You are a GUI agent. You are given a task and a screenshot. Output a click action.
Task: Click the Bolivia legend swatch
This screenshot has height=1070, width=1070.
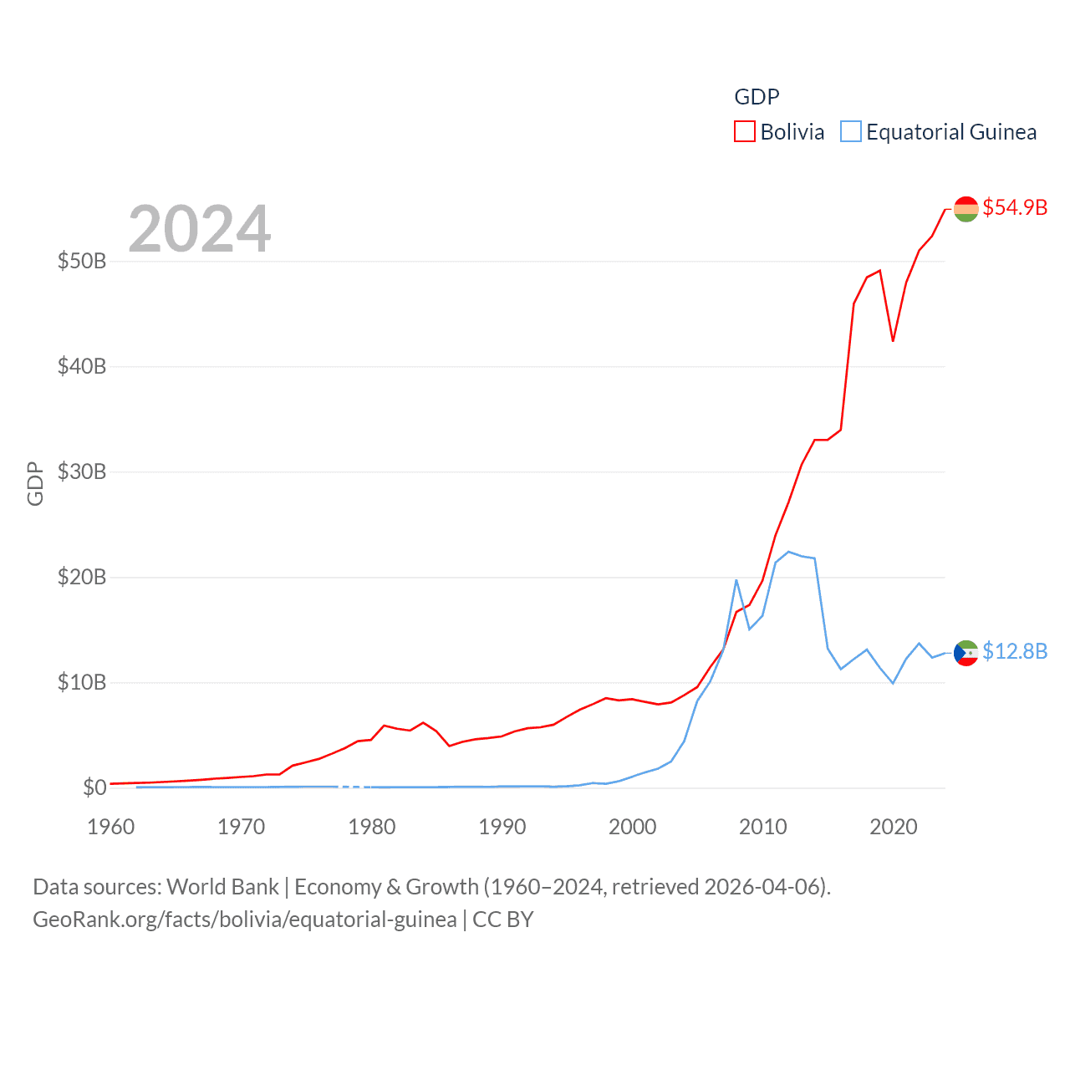[x=744, y=132]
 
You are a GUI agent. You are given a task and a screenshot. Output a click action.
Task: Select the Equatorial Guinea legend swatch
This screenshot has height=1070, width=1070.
[x=850, y=132]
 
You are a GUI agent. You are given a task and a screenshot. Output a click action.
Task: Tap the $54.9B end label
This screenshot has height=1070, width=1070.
[x=1015, y=207]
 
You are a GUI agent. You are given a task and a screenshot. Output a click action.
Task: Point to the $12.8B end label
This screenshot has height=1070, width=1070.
[x=1015, y=651]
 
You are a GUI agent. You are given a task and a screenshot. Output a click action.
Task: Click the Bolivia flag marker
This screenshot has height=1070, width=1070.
[x=966, y=209]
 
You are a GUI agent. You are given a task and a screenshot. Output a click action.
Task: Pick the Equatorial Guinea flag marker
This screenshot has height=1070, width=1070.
[x=966, y=653]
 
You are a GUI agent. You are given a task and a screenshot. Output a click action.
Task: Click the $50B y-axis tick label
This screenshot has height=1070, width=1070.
[x=82, y=261]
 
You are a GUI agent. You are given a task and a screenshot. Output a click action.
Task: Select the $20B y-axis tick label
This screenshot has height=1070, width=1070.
[x=82, y=577]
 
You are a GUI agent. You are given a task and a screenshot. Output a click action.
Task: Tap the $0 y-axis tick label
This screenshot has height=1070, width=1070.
[x=94, y=787]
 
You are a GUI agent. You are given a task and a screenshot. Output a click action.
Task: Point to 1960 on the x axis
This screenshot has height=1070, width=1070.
[x=111, y=827]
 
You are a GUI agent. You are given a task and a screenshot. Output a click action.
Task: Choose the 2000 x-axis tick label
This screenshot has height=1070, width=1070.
[x=633, y=827]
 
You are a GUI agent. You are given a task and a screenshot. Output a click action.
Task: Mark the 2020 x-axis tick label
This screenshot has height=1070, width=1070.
[x=894, y=827]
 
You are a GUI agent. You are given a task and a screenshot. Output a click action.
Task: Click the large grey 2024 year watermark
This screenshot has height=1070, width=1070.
[x=199, y=229]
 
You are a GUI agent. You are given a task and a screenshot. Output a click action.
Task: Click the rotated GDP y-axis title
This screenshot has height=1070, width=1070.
[x=35, y=483]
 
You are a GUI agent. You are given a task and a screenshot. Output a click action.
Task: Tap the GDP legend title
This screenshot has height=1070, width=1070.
[x=757, y=97]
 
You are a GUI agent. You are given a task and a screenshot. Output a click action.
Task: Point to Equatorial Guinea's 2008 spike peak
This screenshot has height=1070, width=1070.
[x=736, y=579]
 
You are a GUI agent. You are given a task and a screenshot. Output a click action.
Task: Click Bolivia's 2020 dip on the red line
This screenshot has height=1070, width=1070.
[x=893, y=341]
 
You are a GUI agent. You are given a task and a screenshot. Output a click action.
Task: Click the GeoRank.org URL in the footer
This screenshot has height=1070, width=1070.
[x=245, y=920]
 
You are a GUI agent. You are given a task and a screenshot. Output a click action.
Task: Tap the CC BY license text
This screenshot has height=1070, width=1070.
[x=503, y=920]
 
